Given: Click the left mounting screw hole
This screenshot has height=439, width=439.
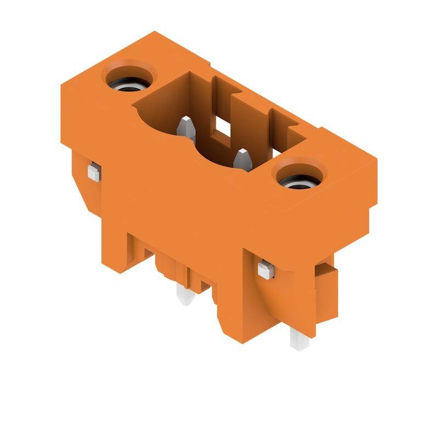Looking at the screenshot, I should click(x=127, y=81).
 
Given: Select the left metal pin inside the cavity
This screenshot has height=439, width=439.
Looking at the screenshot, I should click(x=185, y=128).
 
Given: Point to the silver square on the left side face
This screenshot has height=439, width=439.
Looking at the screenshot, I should click(x=93, y=172).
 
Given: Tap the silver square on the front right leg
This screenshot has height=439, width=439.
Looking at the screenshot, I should click(x=265, y=269).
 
